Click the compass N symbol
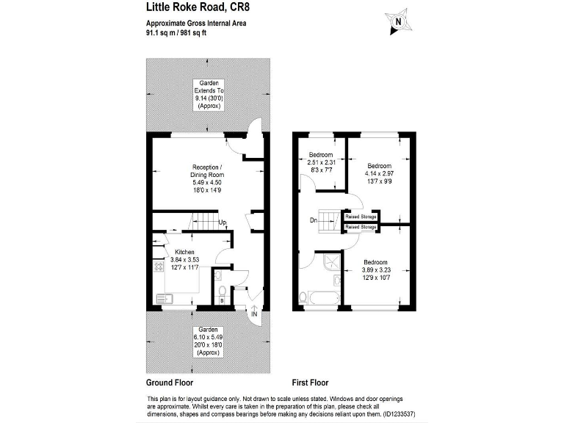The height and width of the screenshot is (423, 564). point(397,22)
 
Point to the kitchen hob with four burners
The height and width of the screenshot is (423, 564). point(159,267)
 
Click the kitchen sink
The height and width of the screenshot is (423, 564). point(164,298)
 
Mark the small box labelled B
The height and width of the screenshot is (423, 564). point(222,300)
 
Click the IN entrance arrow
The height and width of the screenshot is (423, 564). point(255,314)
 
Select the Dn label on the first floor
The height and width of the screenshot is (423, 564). point(314,220)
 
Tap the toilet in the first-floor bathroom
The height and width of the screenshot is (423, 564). point(304,297)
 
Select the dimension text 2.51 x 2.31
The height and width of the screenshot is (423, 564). point(321,162)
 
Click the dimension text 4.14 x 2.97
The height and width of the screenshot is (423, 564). point(380,173)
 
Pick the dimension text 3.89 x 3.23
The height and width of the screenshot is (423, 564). point(375,270)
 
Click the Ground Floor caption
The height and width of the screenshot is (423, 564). point(170,383)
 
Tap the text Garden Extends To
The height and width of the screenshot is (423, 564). point(208,90)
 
